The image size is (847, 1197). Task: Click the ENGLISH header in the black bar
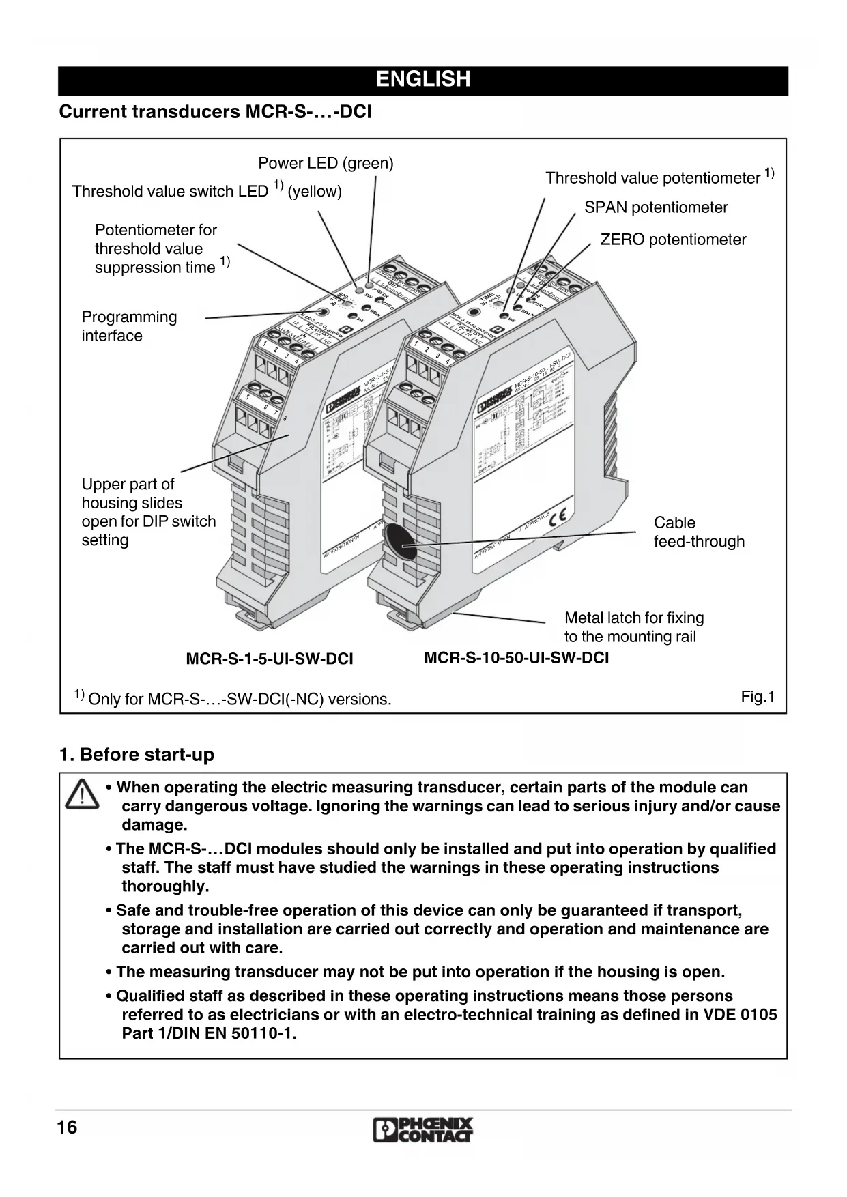point(423,80)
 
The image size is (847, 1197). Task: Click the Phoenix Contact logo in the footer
point(423,1130)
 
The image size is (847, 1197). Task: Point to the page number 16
point(68,1127)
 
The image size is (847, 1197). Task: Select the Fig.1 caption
point(758,697)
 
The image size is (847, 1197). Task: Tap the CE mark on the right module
point(559,517)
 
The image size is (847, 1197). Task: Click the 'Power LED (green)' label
point(326,163)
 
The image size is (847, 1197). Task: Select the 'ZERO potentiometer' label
point(673,240)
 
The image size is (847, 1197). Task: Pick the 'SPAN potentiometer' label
point(656,207)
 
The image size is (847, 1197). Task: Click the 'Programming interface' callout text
point(129,326)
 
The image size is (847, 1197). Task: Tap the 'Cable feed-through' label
point(698,532)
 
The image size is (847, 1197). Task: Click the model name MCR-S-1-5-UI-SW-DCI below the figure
point(270,659)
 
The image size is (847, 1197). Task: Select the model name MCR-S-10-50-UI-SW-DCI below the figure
point(517,658)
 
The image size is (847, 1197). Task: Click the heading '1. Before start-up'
point(137,755)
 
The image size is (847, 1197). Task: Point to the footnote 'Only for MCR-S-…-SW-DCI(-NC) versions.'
point(240,700)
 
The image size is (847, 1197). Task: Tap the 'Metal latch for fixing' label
point(633,618)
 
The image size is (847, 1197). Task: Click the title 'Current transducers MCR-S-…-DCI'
point(215,112)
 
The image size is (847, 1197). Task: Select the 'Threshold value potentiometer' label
point(652,178)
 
